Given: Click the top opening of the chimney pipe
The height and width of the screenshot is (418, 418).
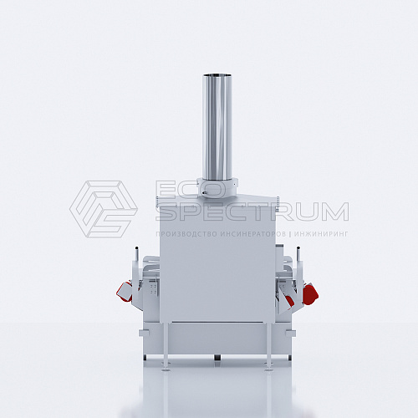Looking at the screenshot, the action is point(217,75).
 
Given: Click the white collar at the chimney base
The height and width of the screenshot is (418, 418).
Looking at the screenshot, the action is point(217,187).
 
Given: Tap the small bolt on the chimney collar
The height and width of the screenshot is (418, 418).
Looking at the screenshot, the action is point(205,192).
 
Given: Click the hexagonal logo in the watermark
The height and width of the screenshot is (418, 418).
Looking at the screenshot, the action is point(104,209).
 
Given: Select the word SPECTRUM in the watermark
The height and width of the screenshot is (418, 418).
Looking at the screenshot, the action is point(252,212).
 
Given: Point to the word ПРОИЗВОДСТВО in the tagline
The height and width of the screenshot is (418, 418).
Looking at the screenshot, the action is point(186,234).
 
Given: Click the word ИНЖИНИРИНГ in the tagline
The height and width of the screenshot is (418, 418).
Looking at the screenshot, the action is point(321,234).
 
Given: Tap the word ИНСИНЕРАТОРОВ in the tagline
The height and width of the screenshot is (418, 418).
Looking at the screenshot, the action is point(253,234).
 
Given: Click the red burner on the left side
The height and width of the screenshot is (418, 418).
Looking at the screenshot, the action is point(125,291).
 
